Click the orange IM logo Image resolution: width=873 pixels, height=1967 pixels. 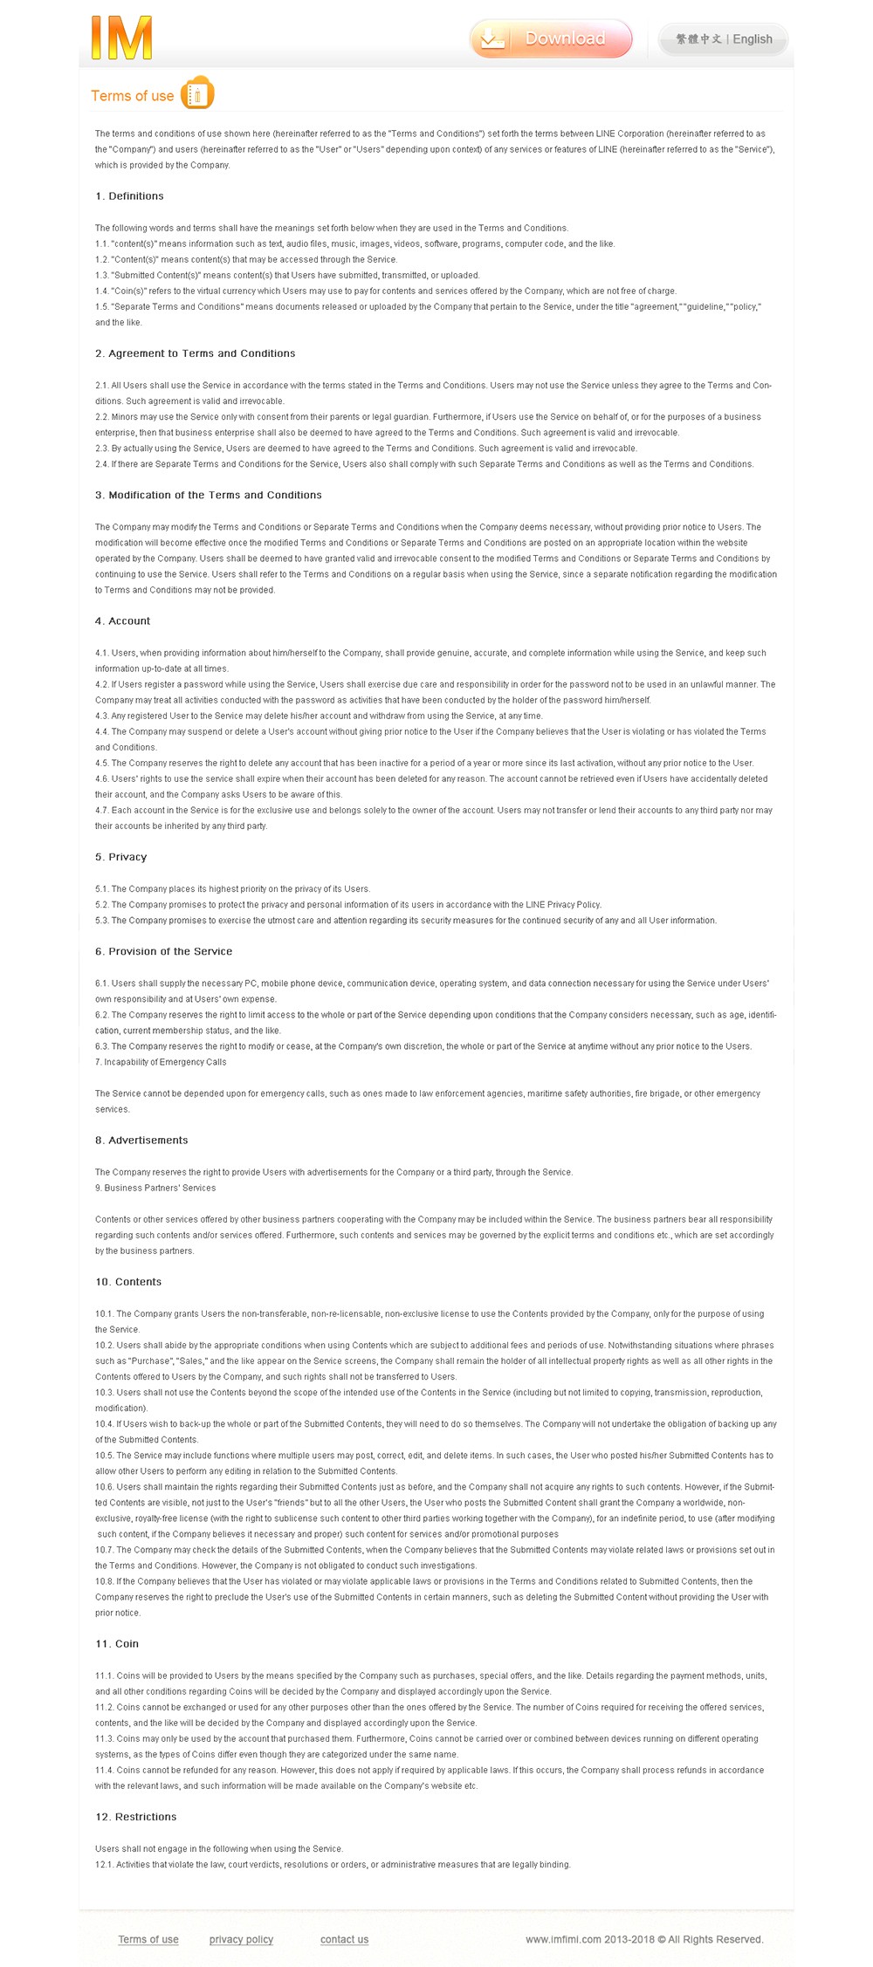121,38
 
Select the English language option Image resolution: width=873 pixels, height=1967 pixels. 753,39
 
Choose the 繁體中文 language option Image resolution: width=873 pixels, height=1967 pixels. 698,39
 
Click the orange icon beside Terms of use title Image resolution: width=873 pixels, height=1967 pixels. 197,93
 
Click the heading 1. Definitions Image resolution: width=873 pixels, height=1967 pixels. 129,196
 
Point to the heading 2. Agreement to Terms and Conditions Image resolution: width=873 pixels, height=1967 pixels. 195,353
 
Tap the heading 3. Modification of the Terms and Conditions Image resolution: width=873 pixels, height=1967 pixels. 208,495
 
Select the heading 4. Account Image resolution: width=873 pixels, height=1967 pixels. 122,621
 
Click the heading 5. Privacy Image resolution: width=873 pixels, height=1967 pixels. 120,857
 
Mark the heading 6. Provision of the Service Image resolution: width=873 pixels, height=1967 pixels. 163,951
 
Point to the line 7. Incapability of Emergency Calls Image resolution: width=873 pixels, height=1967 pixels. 161,1062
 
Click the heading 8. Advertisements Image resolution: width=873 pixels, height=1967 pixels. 141,1141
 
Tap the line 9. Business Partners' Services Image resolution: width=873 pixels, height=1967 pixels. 155,1188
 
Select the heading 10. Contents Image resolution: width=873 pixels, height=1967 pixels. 128,1282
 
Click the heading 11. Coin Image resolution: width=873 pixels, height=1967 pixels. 117,1643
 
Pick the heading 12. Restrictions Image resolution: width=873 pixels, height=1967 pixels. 135,1816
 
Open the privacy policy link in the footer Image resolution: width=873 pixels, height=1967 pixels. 241,1939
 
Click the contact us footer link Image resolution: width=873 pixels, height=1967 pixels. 344,1939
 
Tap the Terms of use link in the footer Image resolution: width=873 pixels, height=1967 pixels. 148,1939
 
